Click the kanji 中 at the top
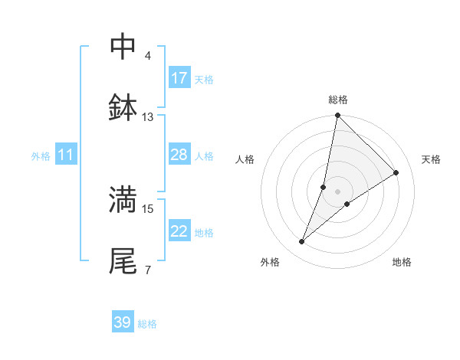click(x=123, y=47)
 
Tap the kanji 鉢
click(x=123, y=108)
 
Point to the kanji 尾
click(x=123, y=260)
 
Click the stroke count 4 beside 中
click(x=148, y=56)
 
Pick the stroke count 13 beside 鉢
click(x=148, y=117)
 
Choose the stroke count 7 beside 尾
click(x=148, y=270)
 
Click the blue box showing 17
click(x=179, y=78)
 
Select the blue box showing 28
click(x=179, y=155)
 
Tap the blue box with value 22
click(x=179, y=231)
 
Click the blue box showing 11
click(x=66, y=155)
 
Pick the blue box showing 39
click(x=123, y=322)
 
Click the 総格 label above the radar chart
click(x=338, y=100)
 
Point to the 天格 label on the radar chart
click(x=432, y=159)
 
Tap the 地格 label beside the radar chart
click(x=402, y=262)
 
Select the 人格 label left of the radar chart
click(x=245, y=159)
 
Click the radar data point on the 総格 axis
click(x=337, y=116)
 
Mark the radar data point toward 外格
click(x=302, y=242)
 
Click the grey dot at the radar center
click(x=337, y=191)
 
